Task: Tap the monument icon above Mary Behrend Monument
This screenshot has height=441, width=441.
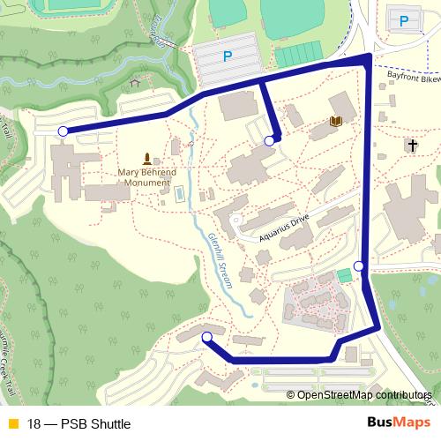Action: point(146,155)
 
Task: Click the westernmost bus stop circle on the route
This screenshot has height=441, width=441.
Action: point(63,132)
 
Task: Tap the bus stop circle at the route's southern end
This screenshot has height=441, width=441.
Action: point(207,338)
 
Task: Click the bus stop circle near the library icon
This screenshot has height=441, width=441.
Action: point(270,140)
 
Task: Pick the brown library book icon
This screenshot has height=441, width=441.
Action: point(335,122)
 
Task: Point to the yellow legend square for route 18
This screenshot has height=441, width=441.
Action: point(11,424)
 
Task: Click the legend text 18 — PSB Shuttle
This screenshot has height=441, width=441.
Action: point(79,424)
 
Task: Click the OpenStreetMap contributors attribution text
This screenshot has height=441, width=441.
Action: point(366,395)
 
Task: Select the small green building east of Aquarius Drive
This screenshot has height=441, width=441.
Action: point(343,276)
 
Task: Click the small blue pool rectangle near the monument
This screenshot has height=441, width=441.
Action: point(180,192)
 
